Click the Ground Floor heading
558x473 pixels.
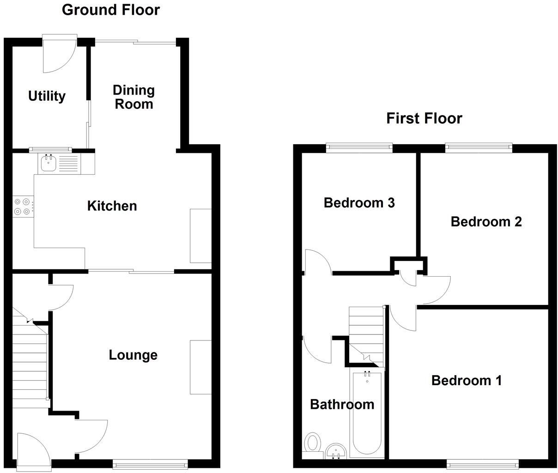coord(110,10)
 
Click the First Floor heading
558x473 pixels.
coord(424,118)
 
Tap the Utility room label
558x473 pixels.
coord(47,96)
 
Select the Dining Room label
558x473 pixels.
coord(133,97)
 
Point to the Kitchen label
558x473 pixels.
coord(112,206)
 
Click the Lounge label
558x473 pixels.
coord(133,355)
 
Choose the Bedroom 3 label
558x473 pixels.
coord(359,202)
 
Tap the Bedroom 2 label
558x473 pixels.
coord(486,222)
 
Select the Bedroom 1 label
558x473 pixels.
coord(466,380)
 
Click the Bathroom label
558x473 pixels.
coord(342,404)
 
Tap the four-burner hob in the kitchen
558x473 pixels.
coord(23,206)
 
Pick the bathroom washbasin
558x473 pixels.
coord(336,450)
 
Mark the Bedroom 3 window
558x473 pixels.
coord(359,147)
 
